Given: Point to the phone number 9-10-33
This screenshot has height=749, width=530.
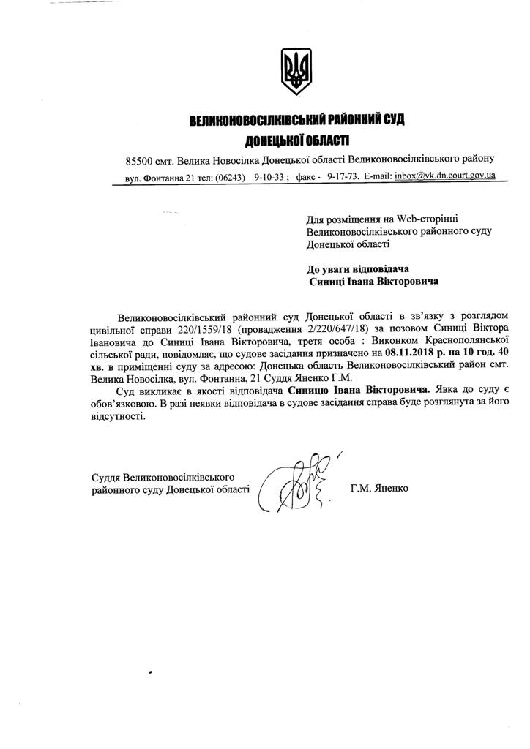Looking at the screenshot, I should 271,177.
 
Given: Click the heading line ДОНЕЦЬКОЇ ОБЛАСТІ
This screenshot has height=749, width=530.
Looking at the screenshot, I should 296,139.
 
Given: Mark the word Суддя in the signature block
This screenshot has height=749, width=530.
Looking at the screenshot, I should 107,477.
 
